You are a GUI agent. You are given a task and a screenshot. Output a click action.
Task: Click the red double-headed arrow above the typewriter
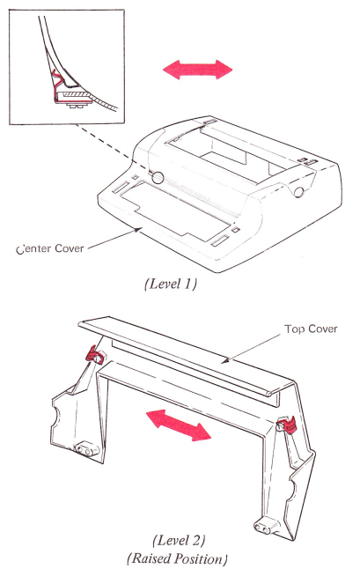[x=197, y=69]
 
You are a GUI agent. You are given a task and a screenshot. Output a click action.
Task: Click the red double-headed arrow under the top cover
[x=179, y=425]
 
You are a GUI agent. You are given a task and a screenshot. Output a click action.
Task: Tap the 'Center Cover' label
[x=50, y=249]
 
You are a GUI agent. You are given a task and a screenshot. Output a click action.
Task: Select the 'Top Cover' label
[x=311, y=329]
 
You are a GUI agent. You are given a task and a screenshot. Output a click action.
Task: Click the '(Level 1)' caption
[x=171, y=284]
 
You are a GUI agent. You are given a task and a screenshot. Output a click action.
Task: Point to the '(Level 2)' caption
[x=179, y=541]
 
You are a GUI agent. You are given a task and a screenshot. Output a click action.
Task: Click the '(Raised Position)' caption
[x=177, y=558]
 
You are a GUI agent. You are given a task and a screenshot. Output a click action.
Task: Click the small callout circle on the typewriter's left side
[x=158, y=177]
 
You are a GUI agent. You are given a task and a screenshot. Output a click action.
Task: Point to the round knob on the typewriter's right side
[x=299, y=192]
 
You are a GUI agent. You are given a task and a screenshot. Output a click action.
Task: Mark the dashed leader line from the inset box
[x=113, y=148]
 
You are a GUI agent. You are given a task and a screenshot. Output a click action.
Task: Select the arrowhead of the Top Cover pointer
[x=225, y=360]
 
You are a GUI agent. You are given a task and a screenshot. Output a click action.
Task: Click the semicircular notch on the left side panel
[x=56, y=418]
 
